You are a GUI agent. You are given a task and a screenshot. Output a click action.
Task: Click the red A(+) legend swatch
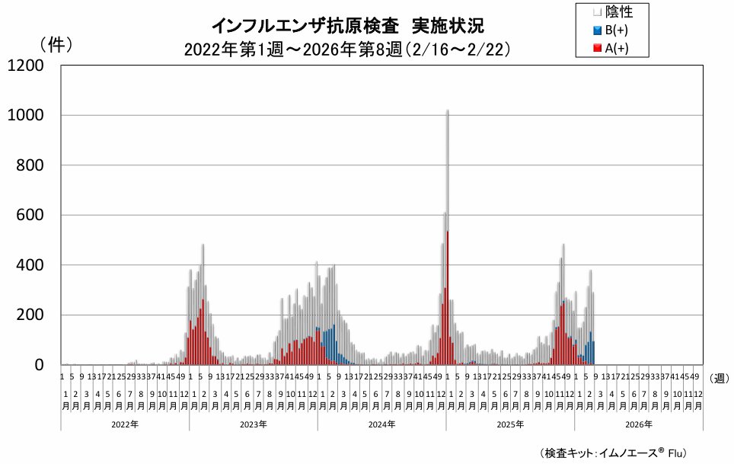point(598,50)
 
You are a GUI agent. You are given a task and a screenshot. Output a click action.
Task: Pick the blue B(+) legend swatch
point(598,30)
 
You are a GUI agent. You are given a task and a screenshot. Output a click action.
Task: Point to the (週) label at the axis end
point(720,378)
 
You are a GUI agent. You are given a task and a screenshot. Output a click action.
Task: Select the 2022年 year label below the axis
point(124,424)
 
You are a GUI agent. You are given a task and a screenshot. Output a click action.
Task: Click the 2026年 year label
point(638,424)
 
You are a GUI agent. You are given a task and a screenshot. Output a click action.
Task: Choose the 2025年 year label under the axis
point(509,424)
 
